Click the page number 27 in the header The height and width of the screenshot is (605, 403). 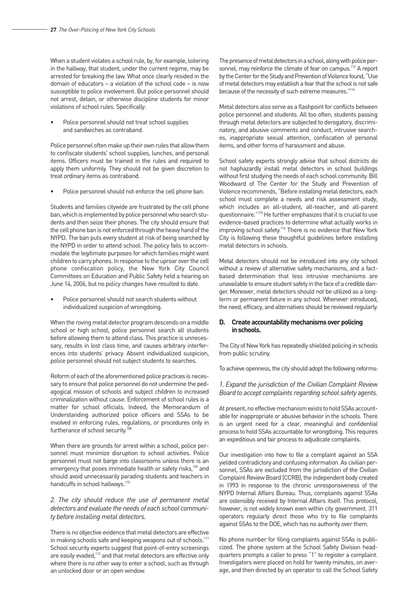[x=53, y=30]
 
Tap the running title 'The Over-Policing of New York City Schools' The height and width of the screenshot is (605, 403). [x=107, y=30]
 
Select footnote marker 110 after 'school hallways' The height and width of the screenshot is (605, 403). [x=128, y=482]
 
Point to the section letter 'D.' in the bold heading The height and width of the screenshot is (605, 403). [x=222, y=322]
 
